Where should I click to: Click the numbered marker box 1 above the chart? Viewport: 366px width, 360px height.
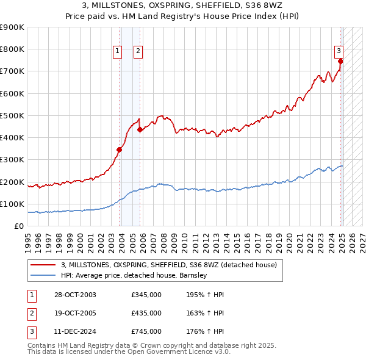coord(118,51)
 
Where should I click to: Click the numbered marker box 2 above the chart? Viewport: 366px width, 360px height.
coord(139,51)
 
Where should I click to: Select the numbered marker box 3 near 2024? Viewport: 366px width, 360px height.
coord(338,51)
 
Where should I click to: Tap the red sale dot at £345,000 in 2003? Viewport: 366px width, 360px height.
coord(120,149)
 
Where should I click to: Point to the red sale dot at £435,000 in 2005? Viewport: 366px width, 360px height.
coord(140,129)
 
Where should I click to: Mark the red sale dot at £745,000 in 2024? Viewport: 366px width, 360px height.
coord(340,61)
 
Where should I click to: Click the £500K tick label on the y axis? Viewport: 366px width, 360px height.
coord(12,115)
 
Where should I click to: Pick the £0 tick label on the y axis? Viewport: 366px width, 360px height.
coord(18,226)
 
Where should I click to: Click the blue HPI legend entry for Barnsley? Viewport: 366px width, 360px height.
coord(134,275)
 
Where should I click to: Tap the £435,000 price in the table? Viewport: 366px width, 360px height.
coord(146,313)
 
